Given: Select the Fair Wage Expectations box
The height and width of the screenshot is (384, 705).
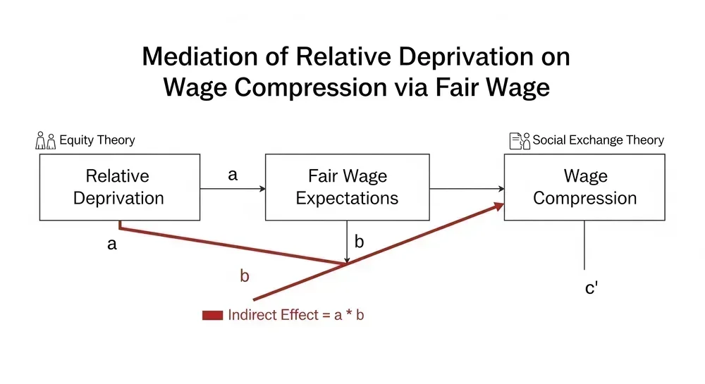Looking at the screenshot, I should pos(347,187).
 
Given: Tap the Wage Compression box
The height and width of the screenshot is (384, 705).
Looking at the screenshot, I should pos(584,187).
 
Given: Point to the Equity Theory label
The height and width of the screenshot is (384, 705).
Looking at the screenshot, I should pos(97,140).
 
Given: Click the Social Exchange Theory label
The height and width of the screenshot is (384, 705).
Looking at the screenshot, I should pos(598,140).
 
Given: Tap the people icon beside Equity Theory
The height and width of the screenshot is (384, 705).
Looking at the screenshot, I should pos(45,140).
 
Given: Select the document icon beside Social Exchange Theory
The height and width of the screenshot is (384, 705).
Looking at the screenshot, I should pos(520,140).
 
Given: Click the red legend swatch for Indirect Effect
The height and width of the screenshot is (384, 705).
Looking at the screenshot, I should pos(212,315).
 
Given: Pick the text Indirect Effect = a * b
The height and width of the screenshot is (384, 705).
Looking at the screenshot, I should pos(296,315).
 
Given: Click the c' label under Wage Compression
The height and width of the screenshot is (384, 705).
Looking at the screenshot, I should pos(592,288).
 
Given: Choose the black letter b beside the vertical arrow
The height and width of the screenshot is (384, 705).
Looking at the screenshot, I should pos(359,242).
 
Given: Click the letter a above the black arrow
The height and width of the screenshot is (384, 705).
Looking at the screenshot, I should pos(233,175).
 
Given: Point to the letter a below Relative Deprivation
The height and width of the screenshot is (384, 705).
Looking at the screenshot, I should pos(111,245).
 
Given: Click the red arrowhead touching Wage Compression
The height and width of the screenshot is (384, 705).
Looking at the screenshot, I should pos(498,205).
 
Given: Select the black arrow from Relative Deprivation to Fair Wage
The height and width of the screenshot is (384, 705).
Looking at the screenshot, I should pos(232,188).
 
